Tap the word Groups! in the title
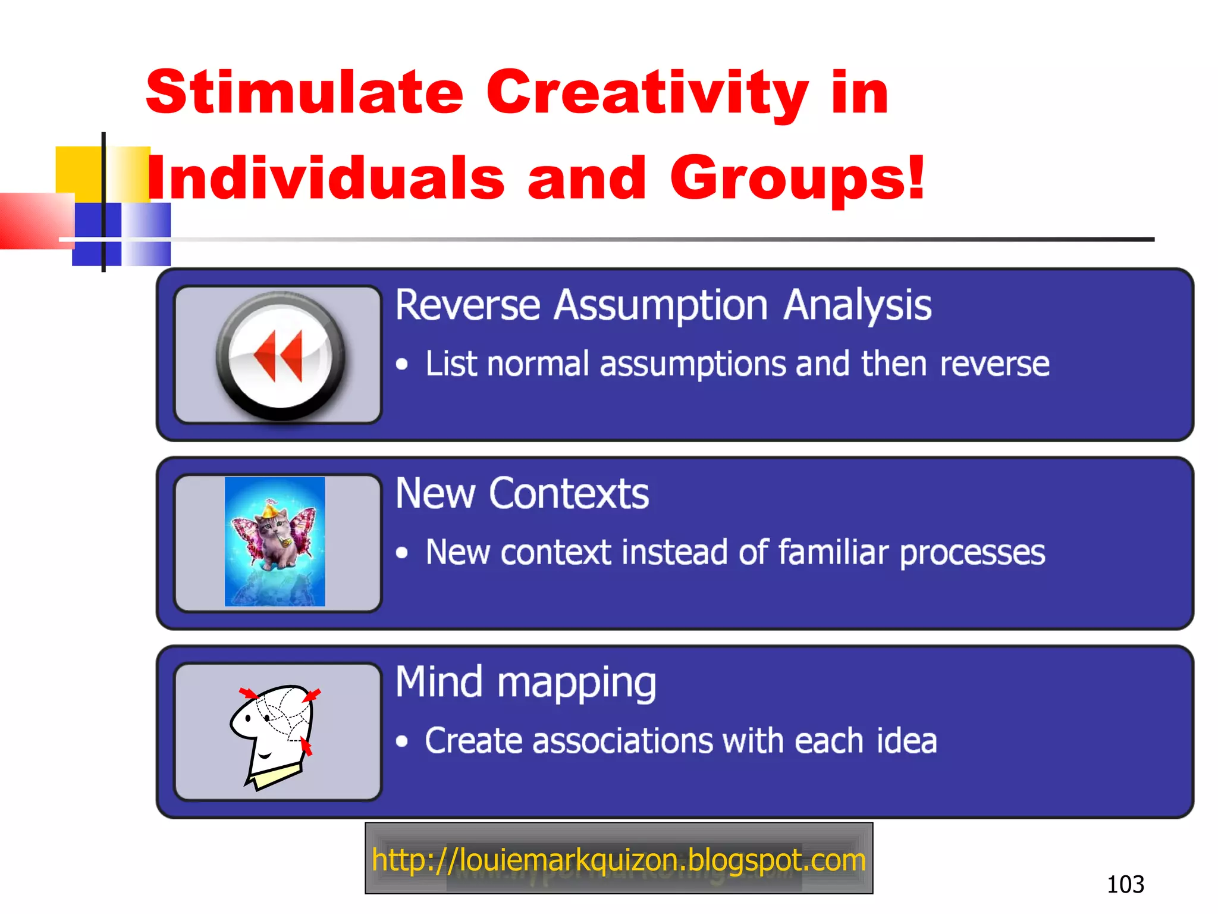click(x=798, y=178)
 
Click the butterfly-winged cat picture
click(x=275, y=541)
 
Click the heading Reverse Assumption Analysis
click(x=663, y=305)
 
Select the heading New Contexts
click(x=522, y=493)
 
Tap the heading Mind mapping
click(x=526, y=683)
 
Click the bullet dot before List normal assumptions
click(x=403, y=364)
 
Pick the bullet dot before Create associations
click(x=403, y=741)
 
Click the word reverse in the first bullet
click(x=994, y=364)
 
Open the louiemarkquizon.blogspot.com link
click(x=619, y=860)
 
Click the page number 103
click(x=1125, y=884)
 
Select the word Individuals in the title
click(x=326, y=178)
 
